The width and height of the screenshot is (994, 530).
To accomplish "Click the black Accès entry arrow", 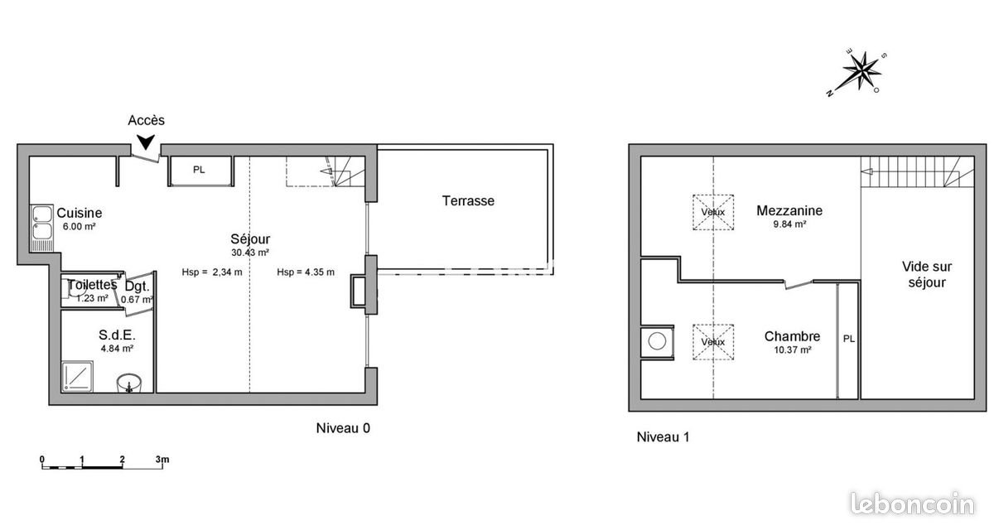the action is pyautogui.click(x=146, y=142).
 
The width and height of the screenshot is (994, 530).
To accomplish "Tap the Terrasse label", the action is pyautogui.click(x=468, y=201).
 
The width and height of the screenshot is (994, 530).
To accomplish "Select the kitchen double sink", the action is pyautogui.click(x=41, y=229).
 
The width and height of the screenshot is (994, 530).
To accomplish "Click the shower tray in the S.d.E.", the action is pyautogui.click(x=78, y=376).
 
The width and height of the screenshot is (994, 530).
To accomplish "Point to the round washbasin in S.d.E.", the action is pyautogui.click(x=129, y=383).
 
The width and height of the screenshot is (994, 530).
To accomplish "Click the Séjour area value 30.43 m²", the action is pyautogui.click(x=250, y=253).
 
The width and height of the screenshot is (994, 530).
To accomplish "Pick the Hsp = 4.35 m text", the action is pyautogui.click(x=306, y=272).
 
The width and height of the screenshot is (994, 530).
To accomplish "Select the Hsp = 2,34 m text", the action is pyautogui.click(x=212, y=272).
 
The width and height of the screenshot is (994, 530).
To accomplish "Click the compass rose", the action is pyautogui.click(x=860, y=73).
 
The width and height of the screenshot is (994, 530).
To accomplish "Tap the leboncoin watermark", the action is pyautogui.click(x=912, y=503).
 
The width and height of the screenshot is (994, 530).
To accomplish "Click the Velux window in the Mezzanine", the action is pyautogui.click(x=713, y=212).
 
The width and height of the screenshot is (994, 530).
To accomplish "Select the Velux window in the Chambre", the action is pyautogui.click(x=713, y=342).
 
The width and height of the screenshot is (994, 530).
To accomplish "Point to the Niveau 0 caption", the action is pyautogui.click(x=343, y=428).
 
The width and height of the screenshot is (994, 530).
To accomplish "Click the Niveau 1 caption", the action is pyautogui.click(x=663, y=437).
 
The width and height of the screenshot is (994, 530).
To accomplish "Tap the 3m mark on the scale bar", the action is pyautogui.click(x=162, y=460).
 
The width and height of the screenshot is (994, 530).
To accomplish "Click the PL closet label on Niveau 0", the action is pyautogui.click(x=199, y=170).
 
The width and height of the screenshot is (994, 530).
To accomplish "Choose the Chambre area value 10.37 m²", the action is pyautogui.click(x=793, y=349).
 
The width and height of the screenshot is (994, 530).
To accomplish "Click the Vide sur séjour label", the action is pyautogui.click(x=927, y=275).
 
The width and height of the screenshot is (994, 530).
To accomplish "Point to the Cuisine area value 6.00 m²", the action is pyautogui.click(x=79, y=226).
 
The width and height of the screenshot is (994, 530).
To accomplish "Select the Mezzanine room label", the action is pyautogui.click(x=789, y=210).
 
